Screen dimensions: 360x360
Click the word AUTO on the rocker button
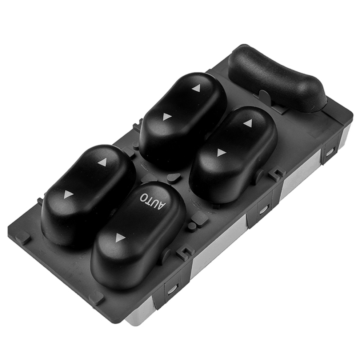tap(153, 200)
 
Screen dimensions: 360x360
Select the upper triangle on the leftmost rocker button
tap(103, 162)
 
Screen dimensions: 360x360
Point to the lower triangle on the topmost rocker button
tap(167, 117)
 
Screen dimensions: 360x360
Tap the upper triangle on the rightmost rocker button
tap(248, 123)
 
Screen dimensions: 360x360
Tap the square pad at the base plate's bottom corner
tap(96, 298)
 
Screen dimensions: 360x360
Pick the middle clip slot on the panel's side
tap(263, 210)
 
